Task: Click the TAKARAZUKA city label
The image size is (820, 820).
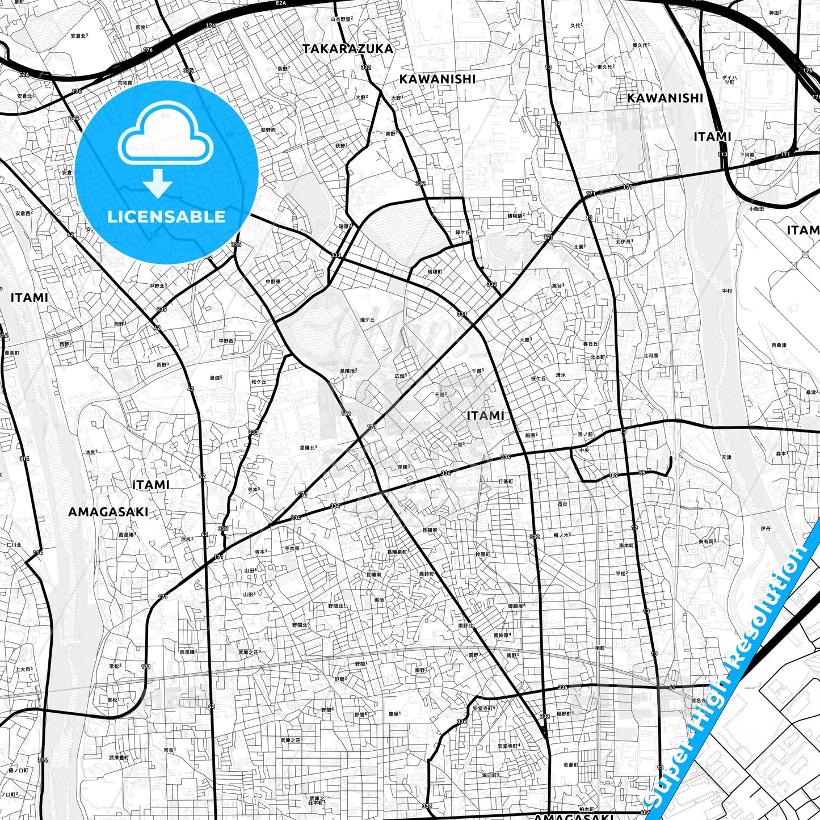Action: [347, 49]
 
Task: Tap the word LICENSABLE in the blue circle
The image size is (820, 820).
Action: [166, 217]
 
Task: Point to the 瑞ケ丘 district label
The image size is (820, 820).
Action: [367, 320]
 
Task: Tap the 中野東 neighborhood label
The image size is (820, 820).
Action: [274, 281]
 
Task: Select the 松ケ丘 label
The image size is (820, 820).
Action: [259, 382]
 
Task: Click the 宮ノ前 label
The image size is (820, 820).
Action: [585, 435]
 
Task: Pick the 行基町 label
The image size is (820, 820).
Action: [506, 481]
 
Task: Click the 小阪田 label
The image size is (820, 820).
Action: [756, 208]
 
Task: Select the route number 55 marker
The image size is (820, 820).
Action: [642, 473]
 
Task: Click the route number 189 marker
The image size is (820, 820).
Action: [613, 476]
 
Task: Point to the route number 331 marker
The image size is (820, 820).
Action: [462, 314]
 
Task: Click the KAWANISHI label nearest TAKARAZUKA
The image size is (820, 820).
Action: [437, 79]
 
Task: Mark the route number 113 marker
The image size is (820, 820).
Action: [722, 154]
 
